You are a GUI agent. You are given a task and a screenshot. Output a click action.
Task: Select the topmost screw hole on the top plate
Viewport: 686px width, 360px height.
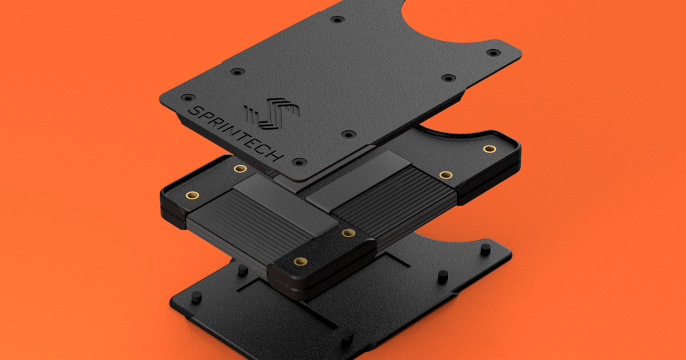pos(338,19)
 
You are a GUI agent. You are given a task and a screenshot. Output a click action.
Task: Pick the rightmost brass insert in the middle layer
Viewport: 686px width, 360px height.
pos(489,149)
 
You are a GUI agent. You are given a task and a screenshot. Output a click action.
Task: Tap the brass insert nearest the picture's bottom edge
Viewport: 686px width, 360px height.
pos(298,261)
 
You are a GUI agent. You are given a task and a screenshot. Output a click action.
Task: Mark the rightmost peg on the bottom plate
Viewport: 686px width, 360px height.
pos(485,249)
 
